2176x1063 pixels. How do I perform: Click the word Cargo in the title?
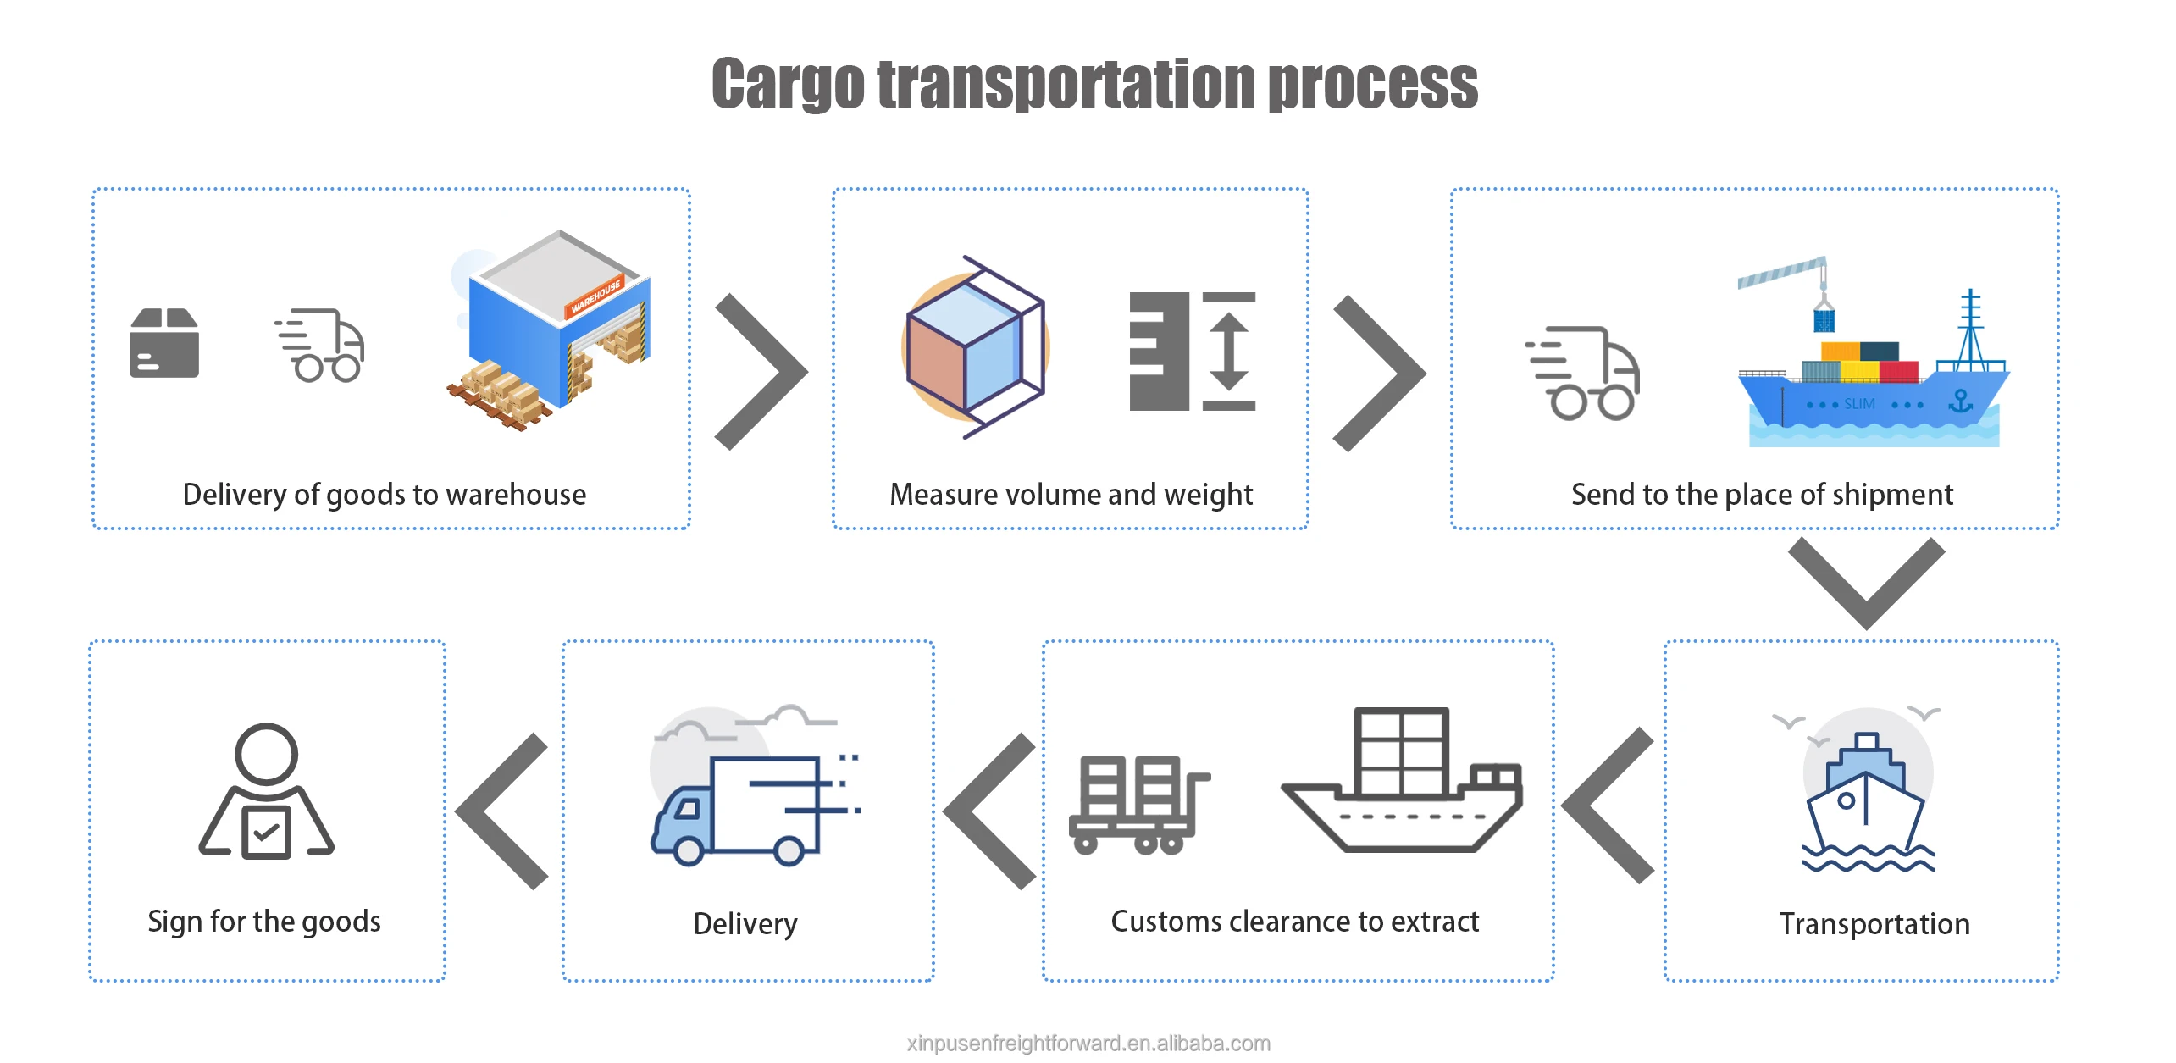[x=787, y=86]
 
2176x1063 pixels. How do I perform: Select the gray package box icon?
[x=164, y=342]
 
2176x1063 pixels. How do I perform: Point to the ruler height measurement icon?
[x=1193, y=352]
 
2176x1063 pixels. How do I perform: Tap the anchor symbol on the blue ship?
[x=1960, y=401]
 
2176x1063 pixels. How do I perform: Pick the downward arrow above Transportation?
[x=1867, y=583]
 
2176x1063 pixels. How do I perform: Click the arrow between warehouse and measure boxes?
[x=761, y=371]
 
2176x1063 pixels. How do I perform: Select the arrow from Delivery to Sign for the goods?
[x=501, y=811]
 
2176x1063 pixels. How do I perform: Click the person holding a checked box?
[x=267, y=791]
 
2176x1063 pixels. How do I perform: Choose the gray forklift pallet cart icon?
[x=1139, y=805]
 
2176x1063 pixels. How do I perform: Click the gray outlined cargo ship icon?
[x=1403, y=779]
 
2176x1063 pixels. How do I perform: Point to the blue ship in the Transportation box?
[x=1867, y=801]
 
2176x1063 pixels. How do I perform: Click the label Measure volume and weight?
[x=1071, y=495]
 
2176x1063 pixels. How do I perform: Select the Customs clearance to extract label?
[x=1295, y=922]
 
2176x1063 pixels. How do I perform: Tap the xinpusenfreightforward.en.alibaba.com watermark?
[x=1088, y=1044]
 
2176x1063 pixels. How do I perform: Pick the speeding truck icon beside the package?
[x=320, y=346]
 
